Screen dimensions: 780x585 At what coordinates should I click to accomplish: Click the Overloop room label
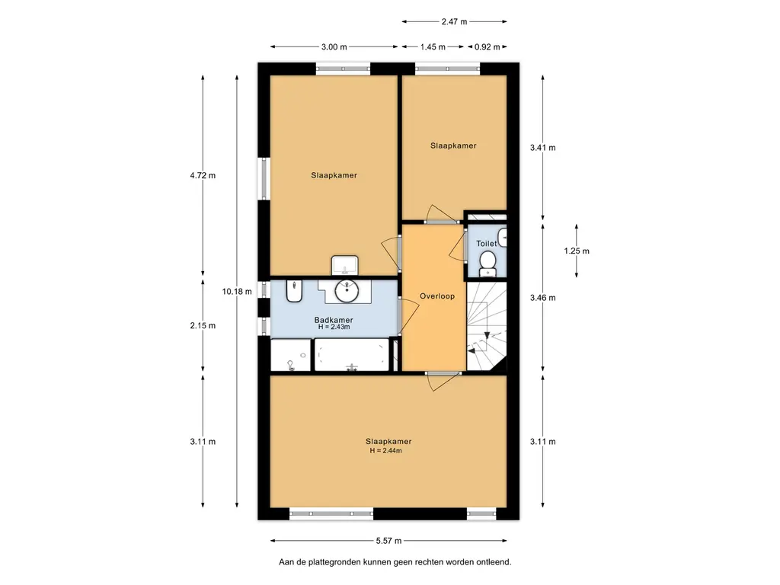click(x=436, y=296)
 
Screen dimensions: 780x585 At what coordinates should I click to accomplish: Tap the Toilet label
click(x=486, y=243)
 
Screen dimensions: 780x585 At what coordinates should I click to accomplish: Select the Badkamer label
click(x=334, y=320)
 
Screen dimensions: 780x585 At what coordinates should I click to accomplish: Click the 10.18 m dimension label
click(x=237, y=292)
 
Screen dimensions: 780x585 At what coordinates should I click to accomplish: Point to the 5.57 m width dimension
click(x=388, y=541)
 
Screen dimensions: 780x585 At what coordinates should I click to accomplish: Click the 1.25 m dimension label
click(x=577, y=251)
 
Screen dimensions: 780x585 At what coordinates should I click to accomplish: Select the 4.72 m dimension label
click(x=203, y=175)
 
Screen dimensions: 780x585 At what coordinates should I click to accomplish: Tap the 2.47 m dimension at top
click(x=454, y=21)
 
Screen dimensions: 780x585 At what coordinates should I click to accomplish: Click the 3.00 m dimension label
click(x=334, y=46)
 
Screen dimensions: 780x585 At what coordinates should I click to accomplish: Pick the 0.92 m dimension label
click(x=487, y=46)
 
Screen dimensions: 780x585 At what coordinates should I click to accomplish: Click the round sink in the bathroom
click(x=347, y=291)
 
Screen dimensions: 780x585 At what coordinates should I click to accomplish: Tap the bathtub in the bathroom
click(x=352, y=355)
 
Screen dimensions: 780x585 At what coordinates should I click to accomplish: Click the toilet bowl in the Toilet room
click(x=487, y=263)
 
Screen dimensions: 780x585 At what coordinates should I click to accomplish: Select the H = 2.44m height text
click(x=385, y=451)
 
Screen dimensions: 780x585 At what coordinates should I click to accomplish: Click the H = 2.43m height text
click(x=334, y=327)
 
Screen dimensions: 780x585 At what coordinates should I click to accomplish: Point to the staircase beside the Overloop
click(x=487, y=326)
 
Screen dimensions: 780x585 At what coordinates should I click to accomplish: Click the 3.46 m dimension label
click(x=542, y=298)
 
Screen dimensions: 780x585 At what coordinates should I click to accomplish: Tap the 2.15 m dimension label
click(x=203, y=325)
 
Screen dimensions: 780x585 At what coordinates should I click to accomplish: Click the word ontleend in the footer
click(x=494, y=562)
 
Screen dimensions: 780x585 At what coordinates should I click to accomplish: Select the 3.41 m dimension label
click(x=542, y=147)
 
